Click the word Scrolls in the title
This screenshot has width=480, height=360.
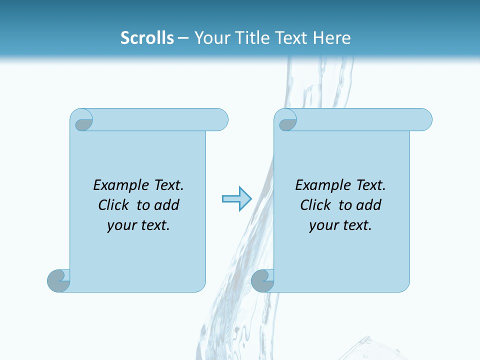tap(147, 38)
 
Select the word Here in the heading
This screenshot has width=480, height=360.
tap(332, 38)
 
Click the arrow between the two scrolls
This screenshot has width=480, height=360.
tap(236, 198)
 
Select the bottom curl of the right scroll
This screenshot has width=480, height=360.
tap(262, 280)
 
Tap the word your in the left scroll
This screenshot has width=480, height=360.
tap(120, 225)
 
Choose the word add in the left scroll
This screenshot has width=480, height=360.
tap(167, 205)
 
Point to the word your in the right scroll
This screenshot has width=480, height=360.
tap(322, 225)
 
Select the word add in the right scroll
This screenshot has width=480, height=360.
tap(369, 205)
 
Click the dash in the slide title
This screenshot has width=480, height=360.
tap(182, 38)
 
